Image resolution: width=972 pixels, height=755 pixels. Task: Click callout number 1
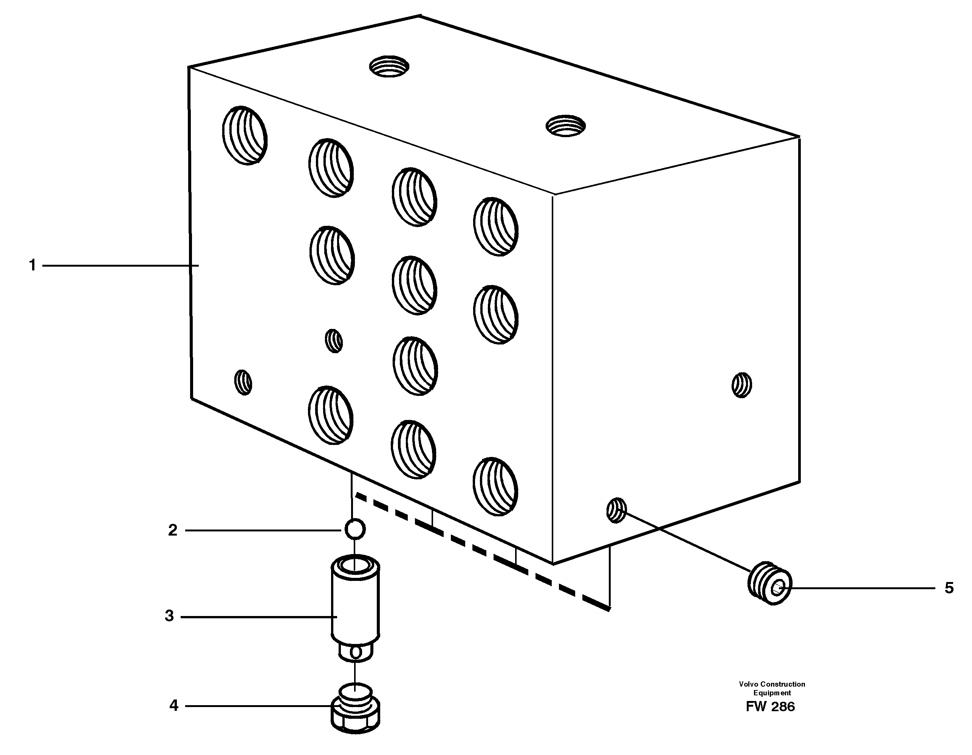tap(32, 266)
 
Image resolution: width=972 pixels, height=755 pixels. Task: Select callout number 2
tap(173, 530)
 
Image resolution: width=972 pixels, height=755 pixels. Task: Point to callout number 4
tap(173, 706)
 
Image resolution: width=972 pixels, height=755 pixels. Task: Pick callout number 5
tap(949, 588)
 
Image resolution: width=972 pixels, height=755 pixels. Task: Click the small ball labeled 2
tap(355, 530)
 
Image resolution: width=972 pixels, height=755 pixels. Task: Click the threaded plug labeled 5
tap(769, 583)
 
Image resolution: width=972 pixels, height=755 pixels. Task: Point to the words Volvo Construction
tap(772, 684)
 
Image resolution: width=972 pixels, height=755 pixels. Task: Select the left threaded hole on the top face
tap(389, 67)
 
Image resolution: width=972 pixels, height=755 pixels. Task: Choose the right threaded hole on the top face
tap(566, 125)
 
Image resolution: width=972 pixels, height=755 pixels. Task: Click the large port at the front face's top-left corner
tap(245, 135)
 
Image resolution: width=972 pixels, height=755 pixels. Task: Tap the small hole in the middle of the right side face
tap(741, 385)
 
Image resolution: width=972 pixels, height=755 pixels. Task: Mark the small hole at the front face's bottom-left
tap(243, 382)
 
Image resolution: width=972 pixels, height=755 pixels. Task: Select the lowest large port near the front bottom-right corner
tap(495, 486)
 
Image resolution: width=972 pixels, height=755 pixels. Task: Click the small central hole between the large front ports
tap(334, 341)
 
